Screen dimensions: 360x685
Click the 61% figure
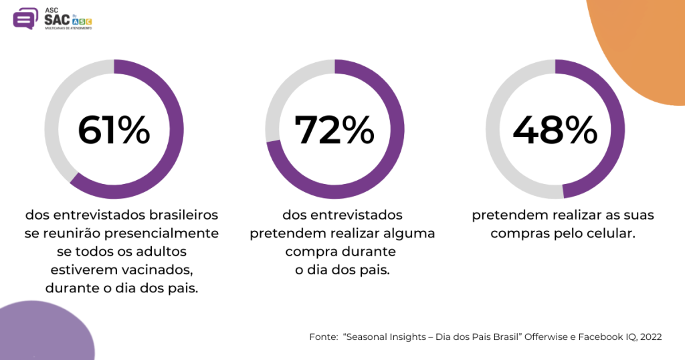click(114, 130)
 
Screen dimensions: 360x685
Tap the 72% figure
click(334, 130)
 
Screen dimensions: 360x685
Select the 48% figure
click(555, 130)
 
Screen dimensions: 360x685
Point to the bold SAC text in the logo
click(57, 19)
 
